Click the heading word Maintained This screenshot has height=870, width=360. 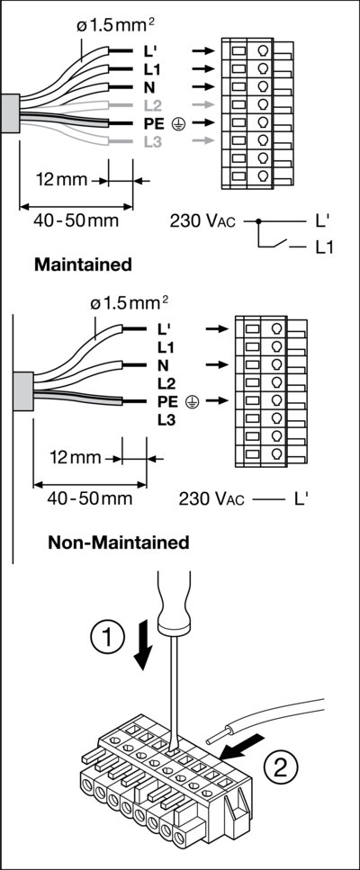coord(83,265)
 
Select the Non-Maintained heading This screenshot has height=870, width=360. coord(119,543)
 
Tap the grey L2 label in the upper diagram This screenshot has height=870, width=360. coord(152,105)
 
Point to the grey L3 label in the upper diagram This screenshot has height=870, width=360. coord(152,141)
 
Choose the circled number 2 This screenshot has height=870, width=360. coord(280,768)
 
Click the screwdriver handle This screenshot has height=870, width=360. coord(175,603)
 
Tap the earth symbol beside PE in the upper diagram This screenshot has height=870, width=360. coord(177,124)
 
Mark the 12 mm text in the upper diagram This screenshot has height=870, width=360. coord(61,180)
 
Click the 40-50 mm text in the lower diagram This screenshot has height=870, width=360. coord(90,498)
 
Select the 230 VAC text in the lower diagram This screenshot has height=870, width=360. coord(211,498)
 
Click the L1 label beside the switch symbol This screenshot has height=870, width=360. coord(325,248)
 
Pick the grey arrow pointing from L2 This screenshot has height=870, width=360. coord(203,104)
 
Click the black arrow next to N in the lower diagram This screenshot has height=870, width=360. coord(217,364)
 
